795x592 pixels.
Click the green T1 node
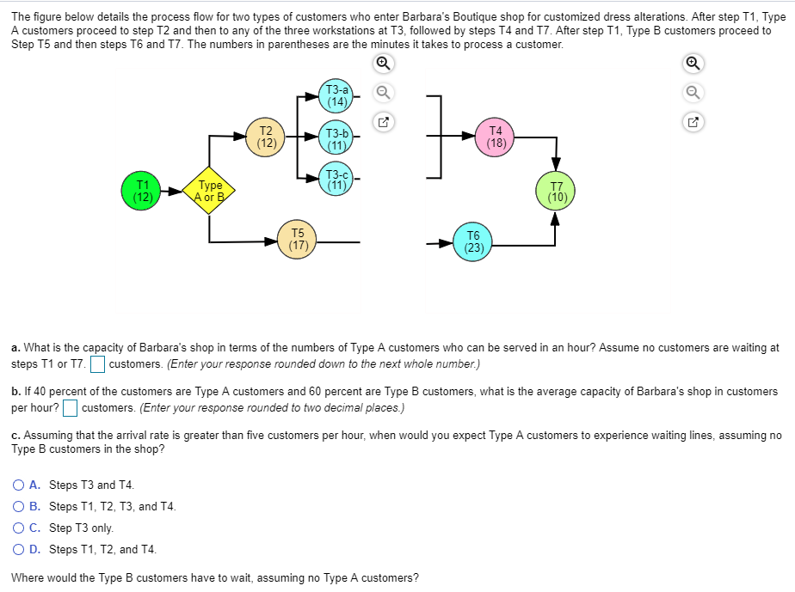point(142,191)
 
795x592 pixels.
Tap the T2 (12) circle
point(266,137)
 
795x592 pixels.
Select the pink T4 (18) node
point(496,137)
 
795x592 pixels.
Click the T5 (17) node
point(298,238)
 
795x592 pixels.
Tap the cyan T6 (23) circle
point(473,241)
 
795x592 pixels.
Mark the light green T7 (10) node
point(556,191)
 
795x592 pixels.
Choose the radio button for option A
point(19,485)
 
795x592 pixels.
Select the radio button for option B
point(19,507)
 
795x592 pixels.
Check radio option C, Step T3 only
point(19,528)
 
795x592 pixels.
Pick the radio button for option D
point(19,550)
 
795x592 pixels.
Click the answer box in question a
point(98,364)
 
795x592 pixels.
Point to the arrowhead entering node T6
point(447,243)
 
